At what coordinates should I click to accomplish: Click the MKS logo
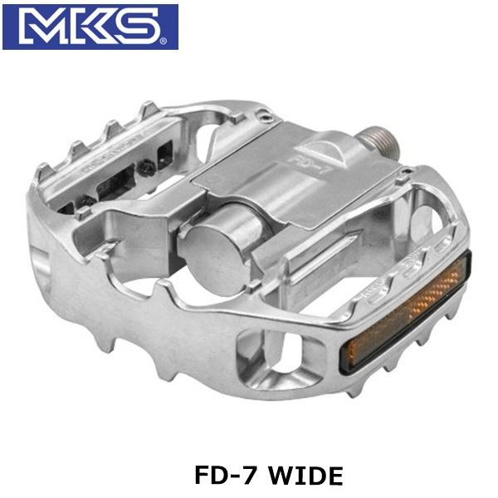point(90,27)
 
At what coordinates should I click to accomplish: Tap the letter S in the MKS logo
point(141,27)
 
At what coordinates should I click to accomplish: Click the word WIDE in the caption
point(308,476)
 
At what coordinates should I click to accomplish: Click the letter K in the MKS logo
point(93,27)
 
